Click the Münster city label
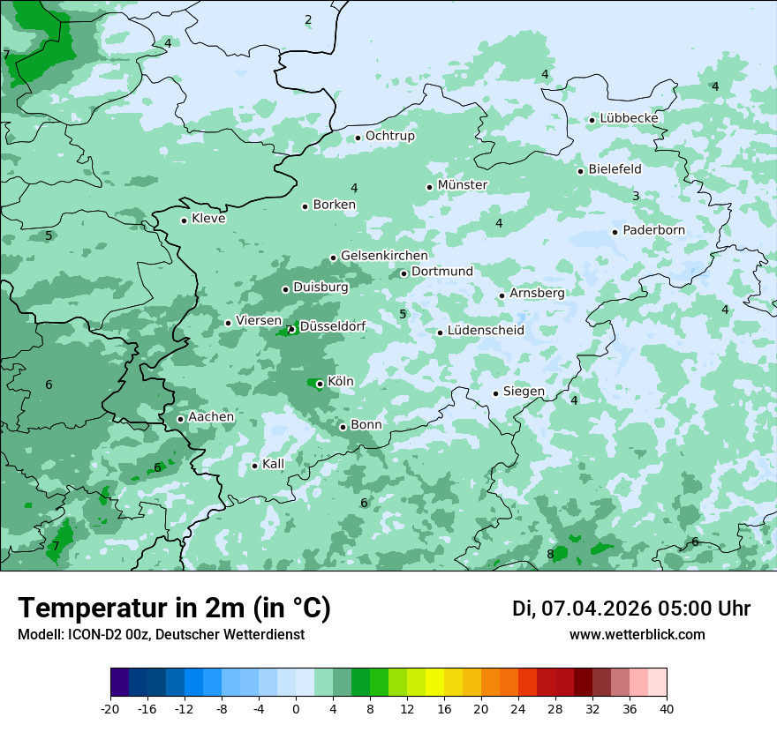pyautogui.click(x=463, y=185)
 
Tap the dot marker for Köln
pyautogui.click(x=320, y=384)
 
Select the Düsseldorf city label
pyautogui.click(x=333, y=327)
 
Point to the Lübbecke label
pyautogui.click(x=629, y=118)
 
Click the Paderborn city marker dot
pyautogui.click(x=615, y=232)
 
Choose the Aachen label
pyautogui.click(x=211, y=417)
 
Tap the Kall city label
pyautogui.click(x=273, y=464)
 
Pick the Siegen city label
pyautogui.click(x=524, y=392)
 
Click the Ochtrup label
pyautogui.click(x=389, y=136)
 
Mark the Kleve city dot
pyautogui.click(x=184, y=220)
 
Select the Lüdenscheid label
pyautogui.click(x=486, y=331)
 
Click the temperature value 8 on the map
pyautogui.click(x=550, y=555)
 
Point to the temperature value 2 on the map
pyautogui.click(x=308, y=20)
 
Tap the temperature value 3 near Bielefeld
pyautogui.click(x=636, y=196)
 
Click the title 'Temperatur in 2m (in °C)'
pyautogui.click(x=174, y=608)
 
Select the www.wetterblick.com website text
pyautogui.click(x=637, y=634)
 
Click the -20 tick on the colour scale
pyautogui.click(x=110, y=708)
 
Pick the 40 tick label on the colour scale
pyautogui.click(x=667, y=708)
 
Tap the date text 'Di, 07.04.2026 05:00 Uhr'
pyautogui.click(x=631, y=609)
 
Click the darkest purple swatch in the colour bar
pyautogui.click(x=119, y=683)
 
